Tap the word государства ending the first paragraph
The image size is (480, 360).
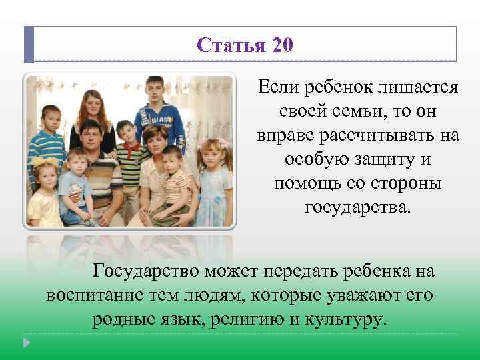click(x=358, y=207)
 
